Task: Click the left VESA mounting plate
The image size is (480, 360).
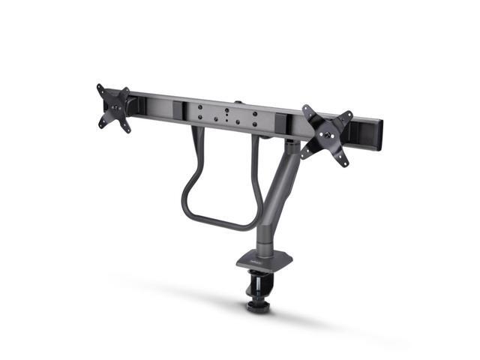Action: coord(114,108)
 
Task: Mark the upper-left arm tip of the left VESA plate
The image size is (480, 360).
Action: coord(100,87)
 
